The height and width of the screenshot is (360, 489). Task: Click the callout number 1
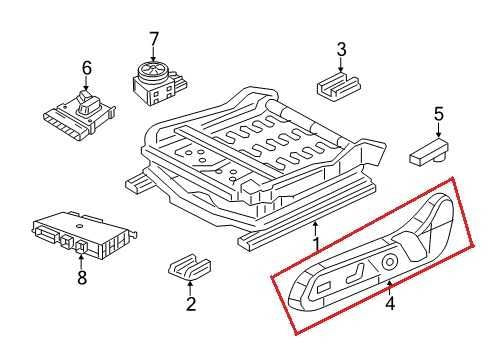(x=316, y=243)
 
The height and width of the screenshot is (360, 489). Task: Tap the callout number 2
(x=190, y=304)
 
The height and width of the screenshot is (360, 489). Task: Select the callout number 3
(x=341, y=49)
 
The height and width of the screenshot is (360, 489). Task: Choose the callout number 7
(x=153, y=39)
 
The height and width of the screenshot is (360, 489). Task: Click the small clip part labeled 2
(x=188, y=267)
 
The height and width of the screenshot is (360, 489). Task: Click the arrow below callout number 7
(x=153, y=54)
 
